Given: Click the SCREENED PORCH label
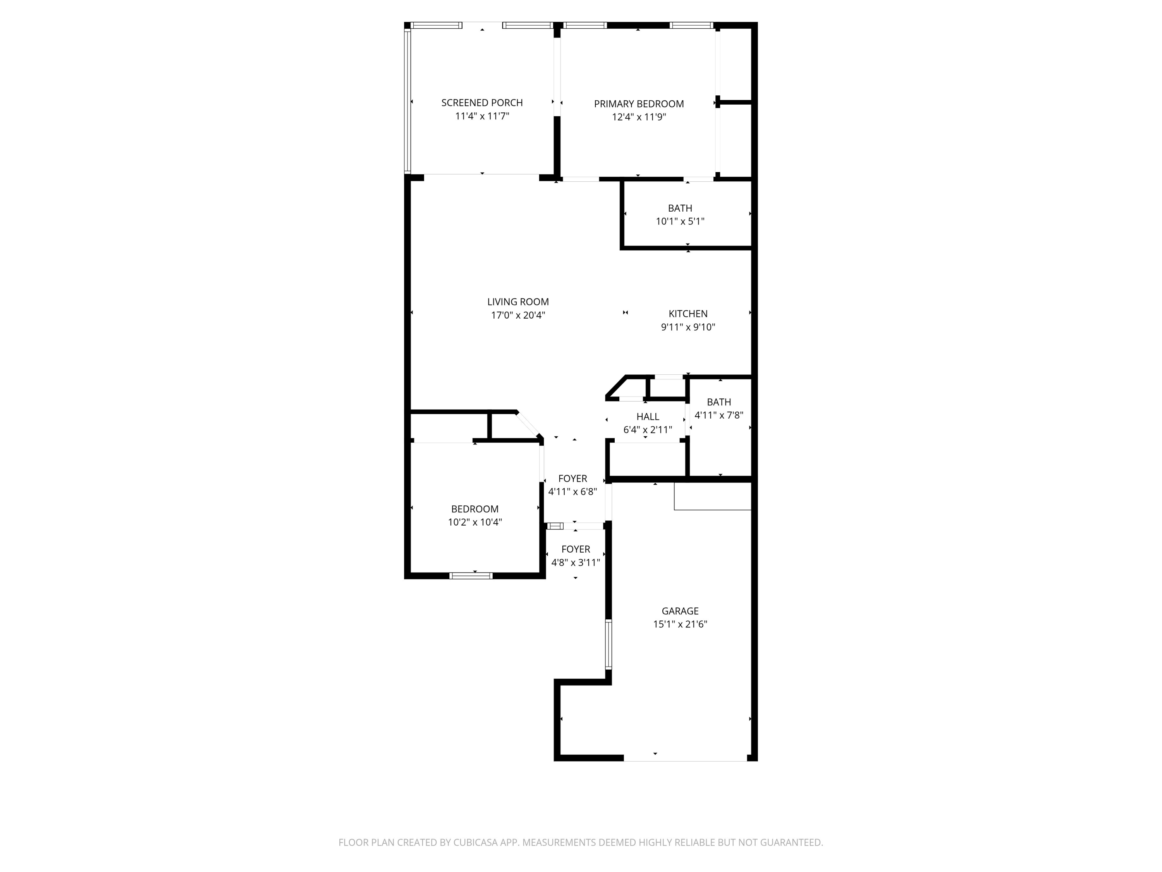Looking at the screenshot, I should pyautogui.click(x=482, y=102).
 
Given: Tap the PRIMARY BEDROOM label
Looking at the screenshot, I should pyautogui.click(x=639, y=103).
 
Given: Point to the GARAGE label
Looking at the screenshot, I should pyautogui.click(x=680, y=611).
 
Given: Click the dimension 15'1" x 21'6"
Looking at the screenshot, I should pyautogui.click(x=680, y=624).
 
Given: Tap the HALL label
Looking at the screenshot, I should pyautogui.click(x=648, y=417).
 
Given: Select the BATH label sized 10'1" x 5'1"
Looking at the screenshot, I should pyautogui.click(x=680, y=208).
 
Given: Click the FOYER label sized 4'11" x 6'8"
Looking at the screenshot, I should pyautogui.click(x=572, y=478).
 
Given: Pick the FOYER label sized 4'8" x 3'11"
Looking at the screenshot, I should pyautogui.click(x=575, y=549).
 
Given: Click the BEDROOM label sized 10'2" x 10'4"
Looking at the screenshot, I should pyautogui.click(x=474, y=509).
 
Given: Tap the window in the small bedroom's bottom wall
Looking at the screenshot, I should pyautogui.click(x=471, y=576).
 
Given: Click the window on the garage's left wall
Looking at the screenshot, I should pyautogui.click(x=609, y=644).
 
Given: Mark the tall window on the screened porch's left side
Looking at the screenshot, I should pyautogui.click(x=407, y=100).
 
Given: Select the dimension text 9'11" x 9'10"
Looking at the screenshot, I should pyautogui.click(x=688, y=327).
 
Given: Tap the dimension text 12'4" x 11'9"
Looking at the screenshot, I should pyautogui.click(x=639, y=117).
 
